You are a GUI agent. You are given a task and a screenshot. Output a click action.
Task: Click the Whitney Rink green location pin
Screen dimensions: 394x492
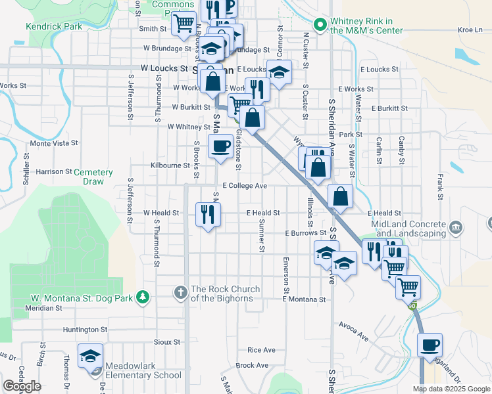tap(320, 26)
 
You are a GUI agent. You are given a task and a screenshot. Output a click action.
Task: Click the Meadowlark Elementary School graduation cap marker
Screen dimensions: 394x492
tap(90, 357)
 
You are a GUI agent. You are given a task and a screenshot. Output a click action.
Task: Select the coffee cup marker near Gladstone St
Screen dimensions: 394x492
tap(220, 146)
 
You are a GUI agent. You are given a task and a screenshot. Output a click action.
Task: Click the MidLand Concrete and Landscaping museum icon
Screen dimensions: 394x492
tap(456, 229)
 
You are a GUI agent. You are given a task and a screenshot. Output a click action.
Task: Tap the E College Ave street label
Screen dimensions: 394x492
tap(244, 186)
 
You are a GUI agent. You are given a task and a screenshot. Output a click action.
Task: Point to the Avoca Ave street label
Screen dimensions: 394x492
tap(354, 330)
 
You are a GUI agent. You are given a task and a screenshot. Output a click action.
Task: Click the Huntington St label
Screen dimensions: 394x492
tap(85, 329)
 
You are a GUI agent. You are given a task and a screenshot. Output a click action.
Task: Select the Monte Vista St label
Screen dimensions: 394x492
tap(54, 142)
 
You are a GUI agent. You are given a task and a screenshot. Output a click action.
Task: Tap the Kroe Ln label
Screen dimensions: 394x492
tap(470, 30)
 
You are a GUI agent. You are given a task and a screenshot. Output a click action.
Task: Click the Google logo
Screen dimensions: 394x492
tap(22, 385)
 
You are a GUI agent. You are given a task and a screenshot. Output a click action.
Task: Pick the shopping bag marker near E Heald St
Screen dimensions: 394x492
tap(340, 196)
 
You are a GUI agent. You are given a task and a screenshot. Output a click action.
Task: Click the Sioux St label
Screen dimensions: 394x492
tap(166, 342)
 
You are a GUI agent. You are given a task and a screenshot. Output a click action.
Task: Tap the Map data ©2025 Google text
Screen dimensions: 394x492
tap(451, 389)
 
